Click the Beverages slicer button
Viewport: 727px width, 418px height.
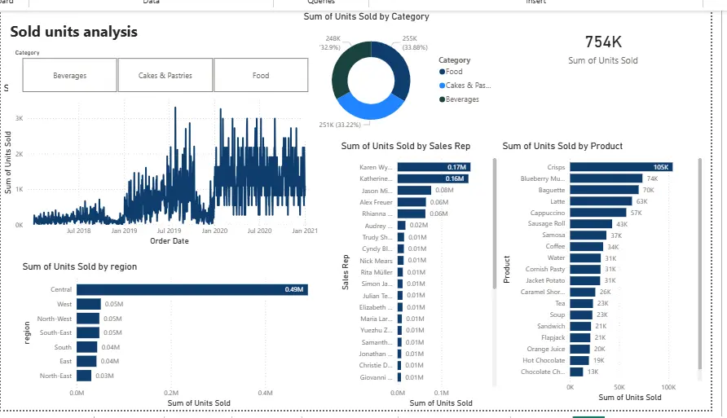[69, 76]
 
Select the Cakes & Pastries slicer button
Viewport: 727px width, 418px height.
[165, 76]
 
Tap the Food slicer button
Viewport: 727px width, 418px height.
[261, 76]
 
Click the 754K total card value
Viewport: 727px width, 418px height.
[603, 42]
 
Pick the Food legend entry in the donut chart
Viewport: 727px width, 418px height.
[453, 72]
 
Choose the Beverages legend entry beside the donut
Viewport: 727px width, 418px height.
[461, 99]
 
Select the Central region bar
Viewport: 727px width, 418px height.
[192, 289]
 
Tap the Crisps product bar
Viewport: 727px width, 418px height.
[619, 167]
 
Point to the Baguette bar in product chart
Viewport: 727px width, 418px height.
[604, 190]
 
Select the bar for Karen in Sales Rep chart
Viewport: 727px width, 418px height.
[432, 167]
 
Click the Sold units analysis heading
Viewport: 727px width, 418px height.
[74, 32]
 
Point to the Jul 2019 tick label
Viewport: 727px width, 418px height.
[170, 231]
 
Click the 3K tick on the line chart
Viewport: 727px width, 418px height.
[19, 118]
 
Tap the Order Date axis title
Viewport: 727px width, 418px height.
[170, 240]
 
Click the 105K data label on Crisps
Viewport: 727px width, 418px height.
[661, 167]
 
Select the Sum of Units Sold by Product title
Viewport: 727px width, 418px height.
[562, 146]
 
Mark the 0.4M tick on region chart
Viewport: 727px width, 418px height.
[265, 392]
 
